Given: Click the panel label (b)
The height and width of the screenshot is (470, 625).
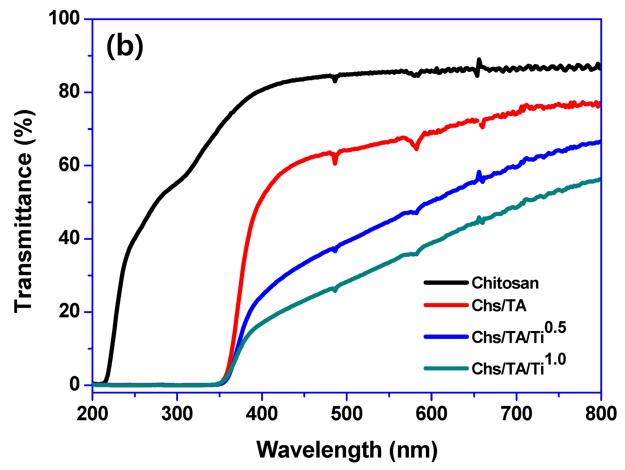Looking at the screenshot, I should (x=125, y=46).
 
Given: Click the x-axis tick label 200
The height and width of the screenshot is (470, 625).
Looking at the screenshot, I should (x=92, y=414).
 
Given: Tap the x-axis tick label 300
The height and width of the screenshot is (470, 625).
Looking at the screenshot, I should (x=177, y=414).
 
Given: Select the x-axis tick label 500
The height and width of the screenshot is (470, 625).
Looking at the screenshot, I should (x=347, y=414).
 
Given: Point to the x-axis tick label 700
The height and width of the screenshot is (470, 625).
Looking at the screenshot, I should (x=516, y=414).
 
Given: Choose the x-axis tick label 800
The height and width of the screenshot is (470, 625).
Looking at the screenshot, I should (x=601, y=414).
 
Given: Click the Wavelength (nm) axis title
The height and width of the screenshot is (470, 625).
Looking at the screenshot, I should (x=347, y=450).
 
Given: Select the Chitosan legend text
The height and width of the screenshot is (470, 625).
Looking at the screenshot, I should (x=505, y=283).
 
